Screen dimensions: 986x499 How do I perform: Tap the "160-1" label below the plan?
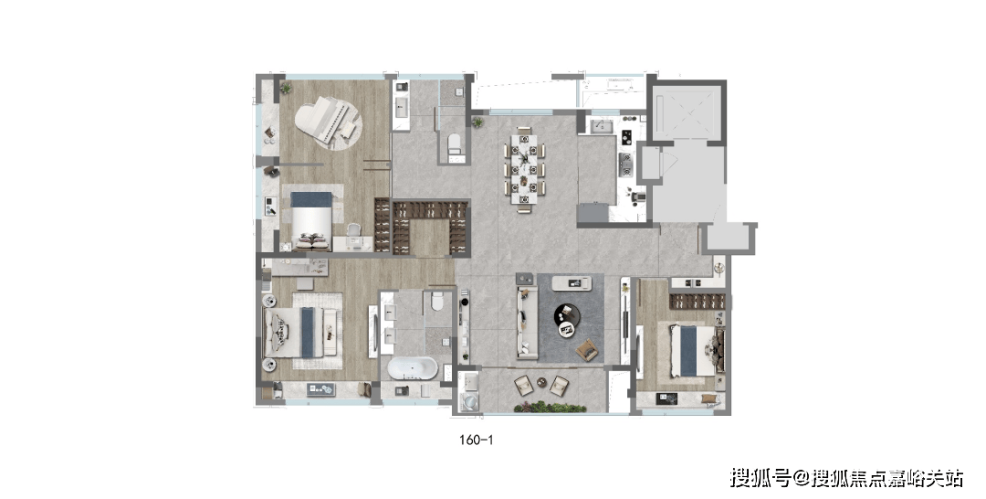(476, 440)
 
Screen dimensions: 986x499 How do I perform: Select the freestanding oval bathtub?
(412, 368)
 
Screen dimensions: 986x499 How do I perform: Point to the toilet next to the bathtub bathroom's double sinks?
(437, 301)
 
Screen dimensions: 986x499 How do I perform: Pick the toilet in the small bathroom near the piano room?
(454, 144)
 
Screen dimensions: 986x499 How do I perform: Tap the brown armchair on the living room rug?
(587, 349)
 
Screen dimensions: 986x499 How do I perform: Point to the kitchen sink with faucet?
(601, 127)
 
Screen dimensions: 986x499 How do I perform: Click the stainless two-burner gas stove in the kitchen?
(625, 163)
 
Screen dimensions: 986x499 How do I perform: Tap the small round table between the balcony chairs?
(541, 382)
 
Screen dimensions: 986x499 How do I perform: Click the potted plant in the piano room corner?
(286, 88)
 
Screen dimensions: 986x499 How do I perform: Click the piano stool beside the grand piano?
(349, 128)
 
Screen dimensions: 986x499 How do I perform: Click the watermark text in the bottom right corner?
(846, 478)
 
